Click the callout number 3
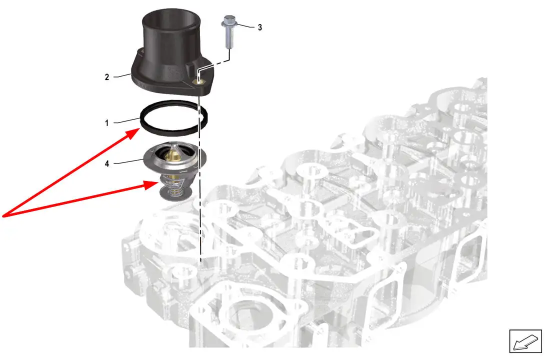click(259, 27)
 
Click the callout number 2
click(106, 77)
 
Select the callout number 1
click(106, 123)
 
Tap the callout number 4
click(107, 163)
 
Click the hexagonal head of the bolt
click(229, 22)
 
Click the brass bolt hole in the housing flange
click(198, 81)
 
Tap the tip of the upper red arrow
click(139, 128)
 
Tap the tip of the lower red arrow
click(159, 182)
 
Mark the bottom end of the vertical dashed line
click(200, 261)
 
